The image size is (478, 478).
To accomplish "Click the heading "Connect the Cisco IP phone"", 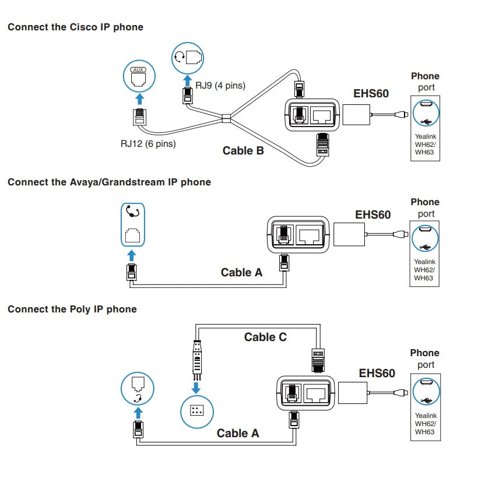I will [75, 27].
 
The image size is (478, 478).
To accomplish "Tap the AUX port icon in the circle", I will [138, 76].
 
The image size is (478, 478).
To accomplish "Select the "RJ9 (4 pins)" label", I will [220, 86].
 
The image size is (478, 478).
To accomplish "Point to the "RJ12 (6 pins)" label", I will [145, 143].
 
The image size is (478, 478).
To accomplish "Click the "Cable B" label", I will [243, 151].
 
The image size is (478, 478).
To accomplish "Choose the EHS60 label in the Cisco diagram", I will [371, 93].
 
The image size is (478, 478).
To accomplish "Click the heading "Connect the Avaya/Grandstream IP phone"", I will [109, 182].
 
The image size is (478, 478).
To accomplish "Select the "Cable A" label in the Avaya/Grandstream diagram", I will [241, 272].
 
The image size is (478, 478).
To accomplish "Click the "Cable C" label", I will [265, 337].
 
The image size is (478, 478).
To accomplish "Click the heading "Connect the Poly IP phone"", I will [72, 309].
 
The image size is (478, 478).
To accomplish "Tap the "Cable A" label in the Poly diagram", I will [238, 433].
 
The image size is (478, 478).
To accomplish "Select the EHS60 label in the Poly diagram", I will [377, 373].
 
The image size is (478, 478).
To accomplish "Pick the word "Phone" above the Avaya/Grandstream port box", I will [425, 202].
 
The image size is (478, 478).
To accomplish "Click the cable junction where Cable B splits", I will [227, 121].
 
